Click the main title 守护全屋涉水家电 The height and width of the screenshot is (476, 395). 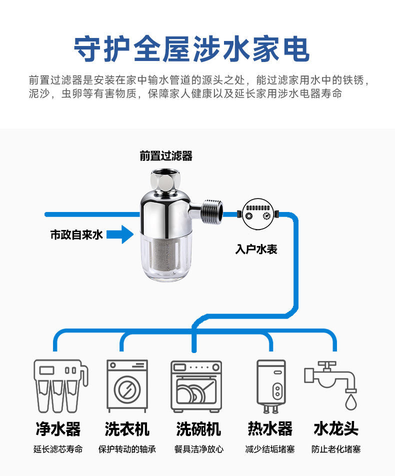click(192, 48)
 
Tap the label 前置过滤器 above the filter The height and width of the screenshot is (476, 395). click(166, 156)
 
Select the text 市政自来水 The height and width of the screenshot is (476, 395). click(76, 234)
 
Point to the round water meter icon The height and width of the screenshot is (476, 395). click(256, 214)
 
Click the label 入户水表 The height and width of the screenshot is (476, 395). click(256, 248)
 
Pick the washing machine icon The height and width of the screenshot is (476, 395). click(127, 386)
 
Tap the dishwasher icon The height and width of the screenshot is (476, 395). click(196, 386)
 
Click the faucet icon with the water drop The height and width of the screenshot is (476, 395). click(332, 382)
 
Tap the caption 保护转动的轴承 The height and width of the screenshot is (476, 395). click(127, 449)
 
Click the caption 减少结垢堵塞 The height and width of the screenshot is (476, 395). click(270, 449)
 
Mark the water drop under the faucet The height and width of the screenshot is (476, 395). click(351, 401)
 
